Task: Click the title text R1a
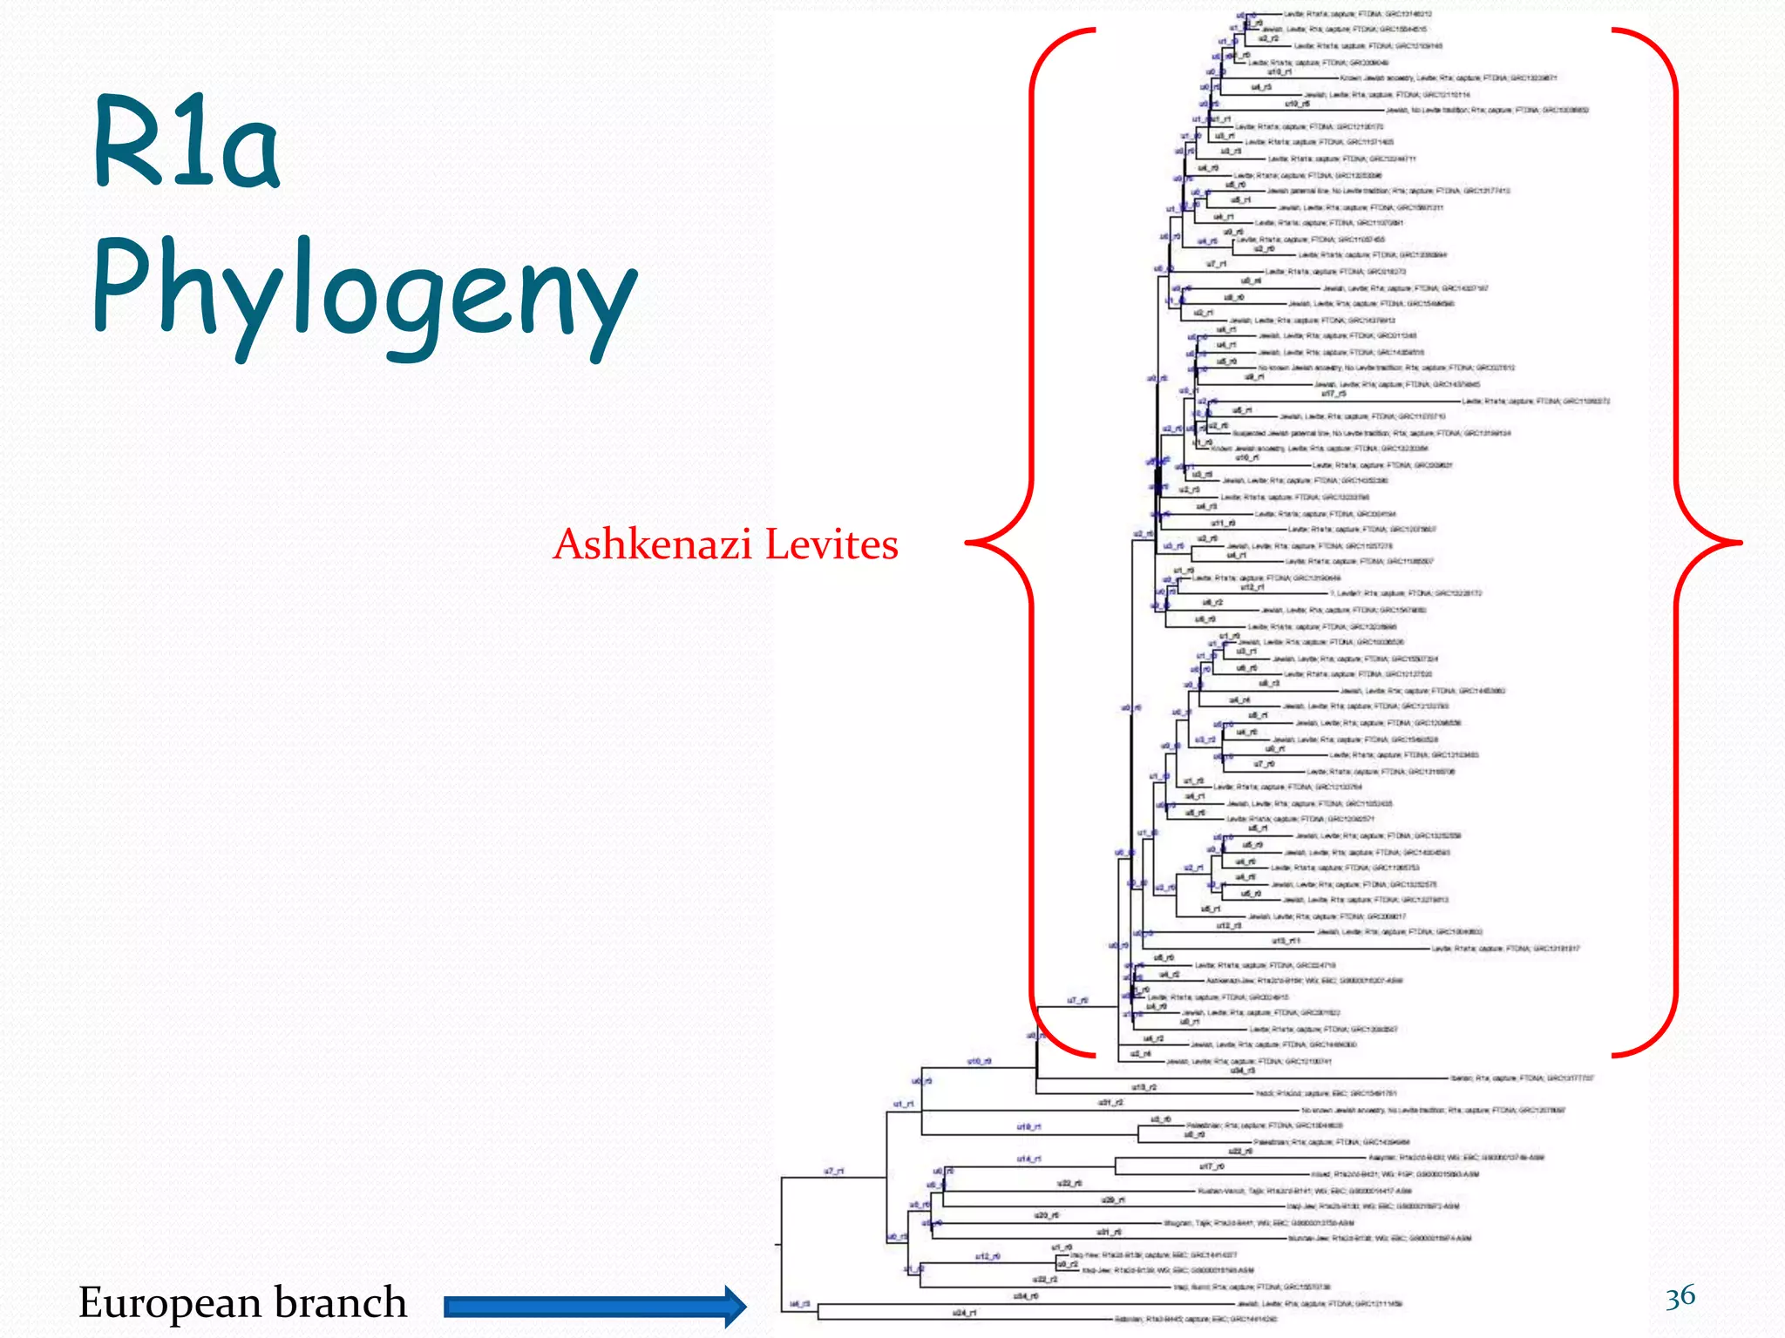[187, 144]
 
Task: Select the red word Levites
[831, 544]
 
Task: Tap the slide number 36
[1680, 1296]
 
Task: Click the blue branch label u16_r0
[979, 1061]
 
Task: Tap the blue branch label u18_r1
[1028, 1127]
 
